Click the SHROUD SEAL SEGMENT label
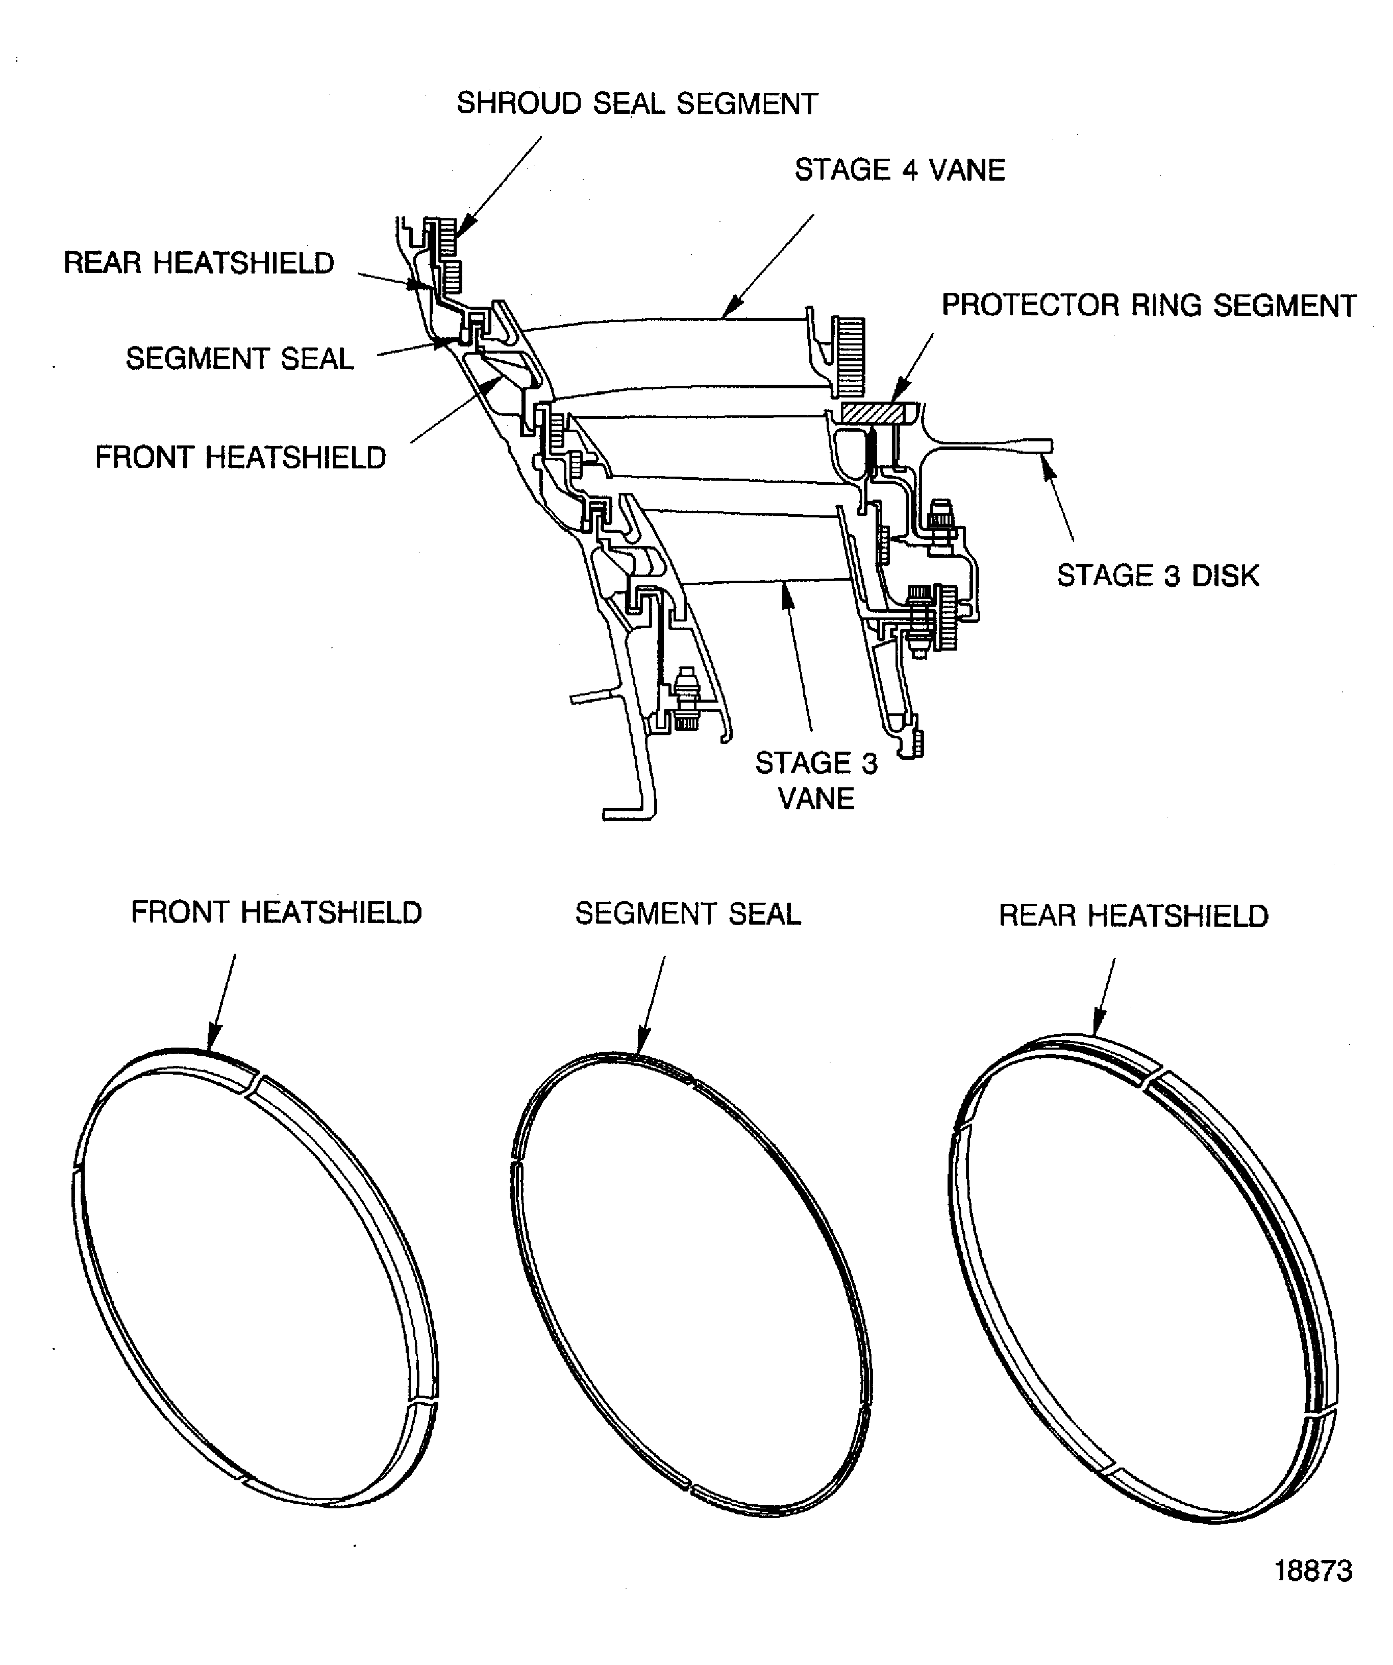[x=637, y=104]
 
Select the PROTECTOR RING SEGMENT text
[x=1148, y=305]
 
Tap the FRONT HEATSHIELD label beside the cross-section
[x=240, y=458]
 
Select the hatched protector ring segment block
[x=872, y=413]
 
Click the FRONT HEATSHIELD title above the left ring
[x=276, y=912]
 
